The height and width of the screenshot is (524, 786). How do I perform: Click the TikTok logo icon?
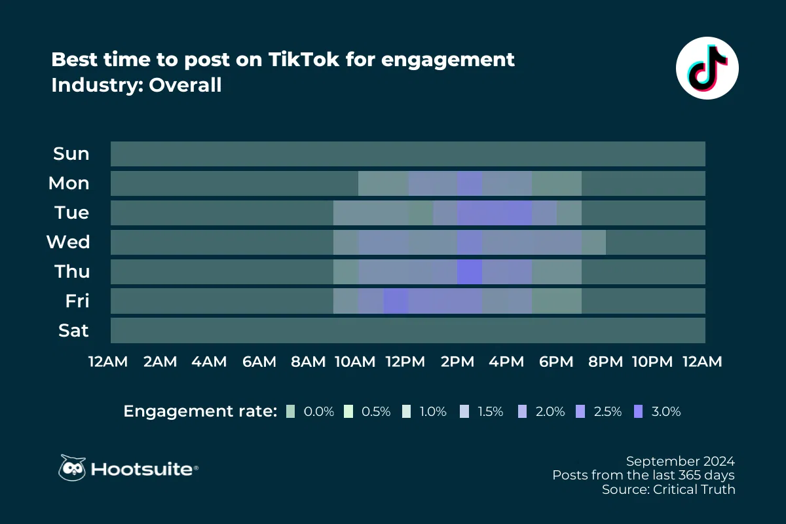point(707,68)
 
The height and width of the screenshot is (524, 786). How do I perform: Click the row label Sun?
point(71,154)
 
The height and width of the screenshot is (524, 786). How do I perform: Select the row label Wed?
point(68,242)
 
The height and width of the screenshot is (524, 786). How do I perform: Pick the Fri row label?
point(77,301)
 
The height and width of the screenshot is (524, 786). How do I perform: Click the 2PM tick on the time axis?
point(457,362)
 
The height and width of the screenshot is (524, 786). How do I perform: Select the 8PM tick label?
point(606,362)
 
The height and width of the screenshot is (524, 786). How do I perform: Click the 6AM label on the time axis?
point(259,362)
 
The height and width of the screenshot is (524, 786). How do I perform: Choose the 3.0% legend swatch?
point(639,411)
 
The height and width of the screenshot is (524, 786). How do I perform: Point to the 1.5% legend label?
point(490,412)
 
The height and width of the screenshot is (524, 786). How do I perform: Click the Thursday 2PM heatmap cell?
point(470,272)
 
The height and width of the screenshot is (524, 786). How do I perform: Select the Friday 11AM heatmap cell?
point(396,301)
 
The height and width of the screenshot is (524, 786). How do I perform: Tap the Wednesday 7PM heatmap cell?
point(593,242)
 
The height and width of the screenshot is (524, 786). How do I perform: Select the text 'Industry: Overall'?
point(136,85)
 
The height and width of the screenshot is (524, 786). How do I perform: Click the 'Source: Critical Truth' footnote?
point(668,489)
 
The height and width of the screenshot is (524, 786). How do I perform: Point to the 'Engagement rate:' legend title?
point(200,411)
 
